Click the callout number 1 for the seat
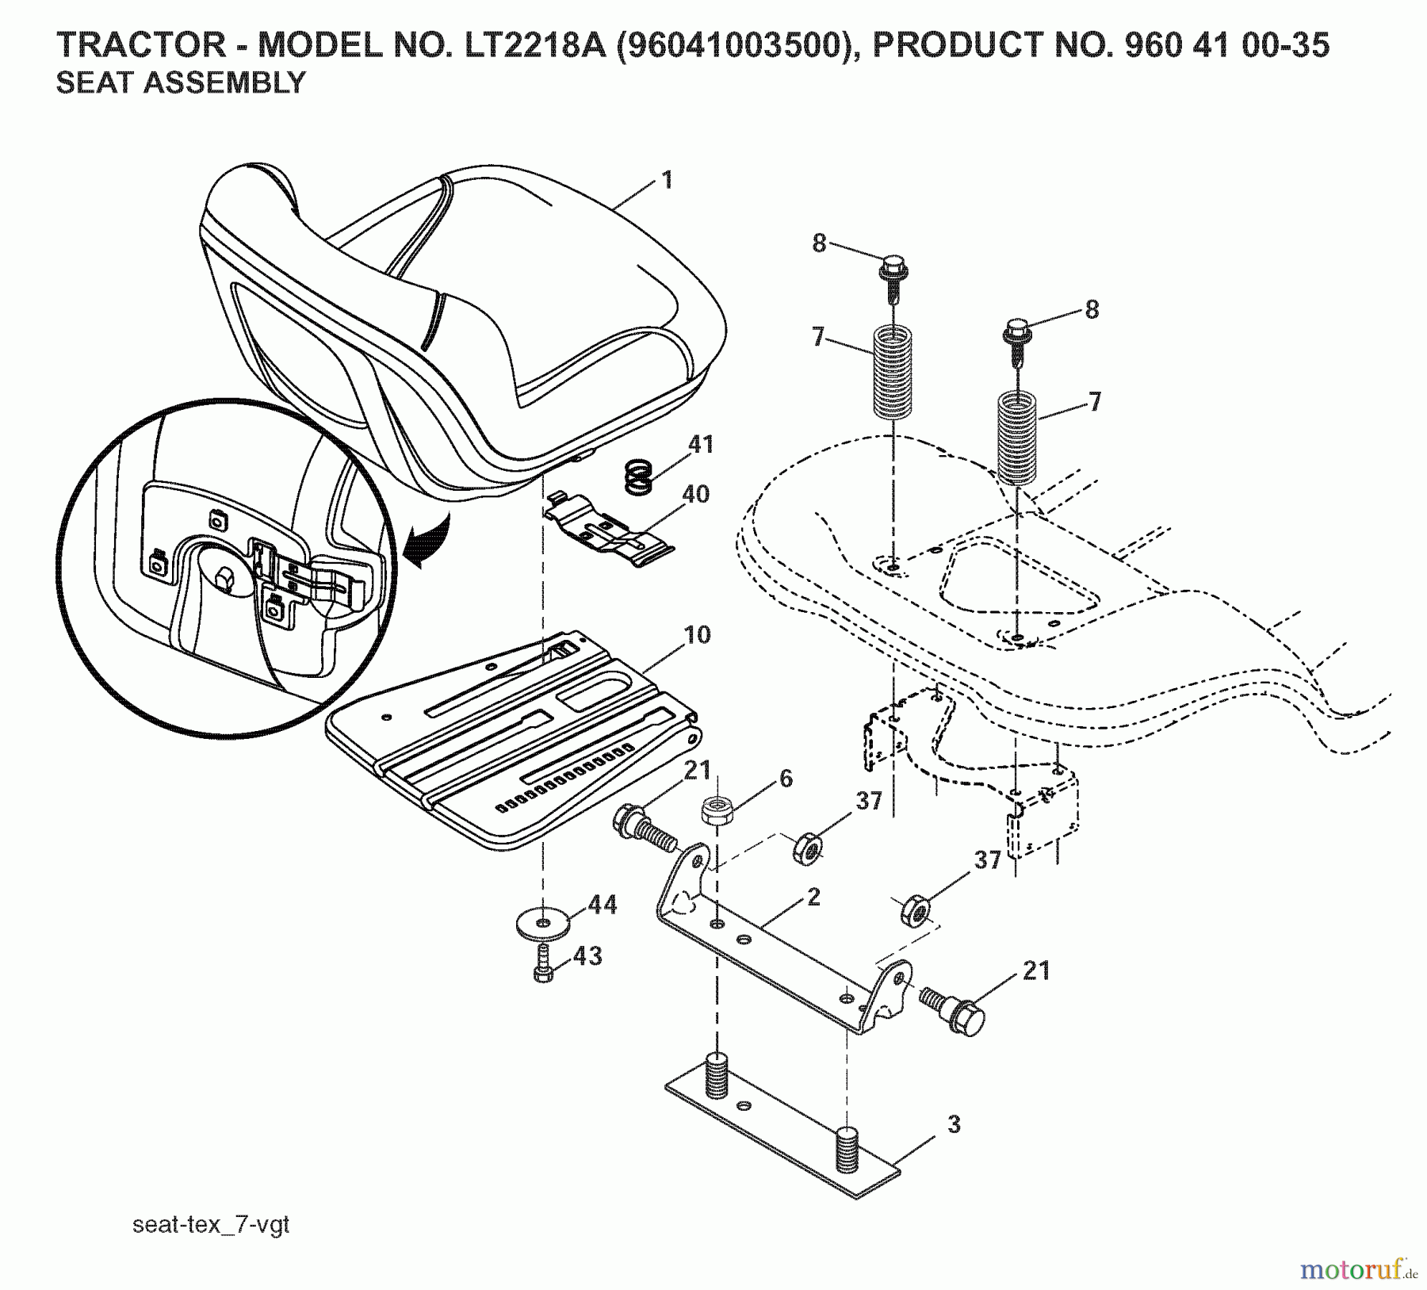(x=667, y=180)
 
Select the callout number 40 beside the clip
(x=695, y=494)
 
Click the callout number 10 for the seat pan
(x=698, y=635)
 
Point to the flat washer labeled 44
(x=541, y=923)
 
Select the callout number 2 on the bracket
(x=813, y=897)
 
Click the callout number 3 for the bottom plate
(x=954, y=1124)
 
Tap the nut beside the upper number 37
(x=807, y=848)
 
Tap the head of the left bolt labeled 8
(x=893, y=262)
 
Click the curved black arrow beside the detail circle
(x=428, y=543)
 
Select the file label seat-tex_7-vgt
(x=211, y=1225)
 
